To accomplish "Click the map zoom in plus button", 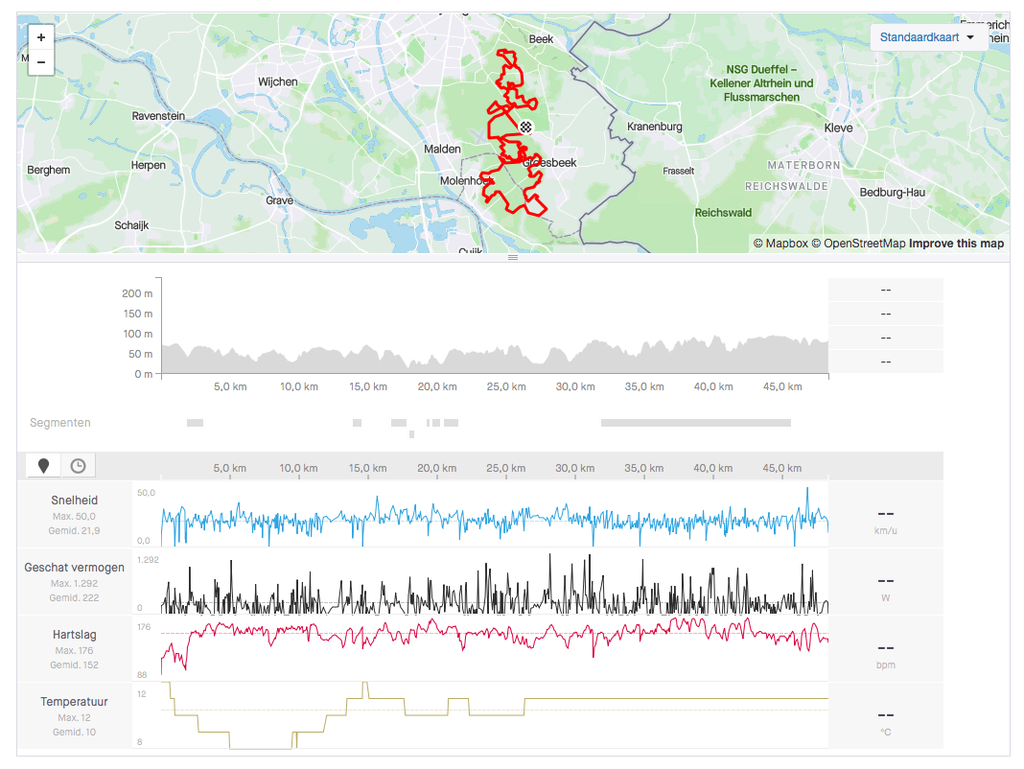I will [40, 37].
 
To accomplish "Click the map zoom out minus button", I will [40, 62].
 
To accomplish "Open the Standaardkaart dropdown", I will [927, 37].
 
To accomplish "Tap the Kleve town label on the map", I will [838, 128].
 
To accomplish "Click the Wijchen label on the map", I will [278, 82].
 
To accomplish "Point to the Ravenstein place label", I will [158, 116].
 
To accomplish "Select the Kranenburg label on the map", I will [654, 127].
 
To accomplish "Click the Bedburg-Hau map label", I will [893, 193].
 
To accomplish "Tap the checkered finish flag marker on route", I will [525, 128].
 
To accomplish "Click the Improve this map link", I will [956, 244].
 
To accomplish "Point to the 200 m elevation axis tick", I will [137, 293].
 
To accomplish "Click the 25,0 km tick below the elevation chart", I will [505, 386].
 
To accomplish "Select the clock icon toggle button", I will [78, 466].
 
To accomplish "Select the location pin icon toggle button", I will [43, 466].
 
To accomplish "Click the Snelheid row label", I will [74, 501].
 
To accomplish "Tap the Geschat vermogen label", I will [74, 568].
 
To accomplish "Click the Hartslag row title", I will [74, 635].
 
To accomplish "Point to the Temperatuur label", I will [74, 702].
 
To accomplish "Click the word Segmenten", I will [60, 423].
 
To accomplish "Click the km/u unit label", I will [885, 530].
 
